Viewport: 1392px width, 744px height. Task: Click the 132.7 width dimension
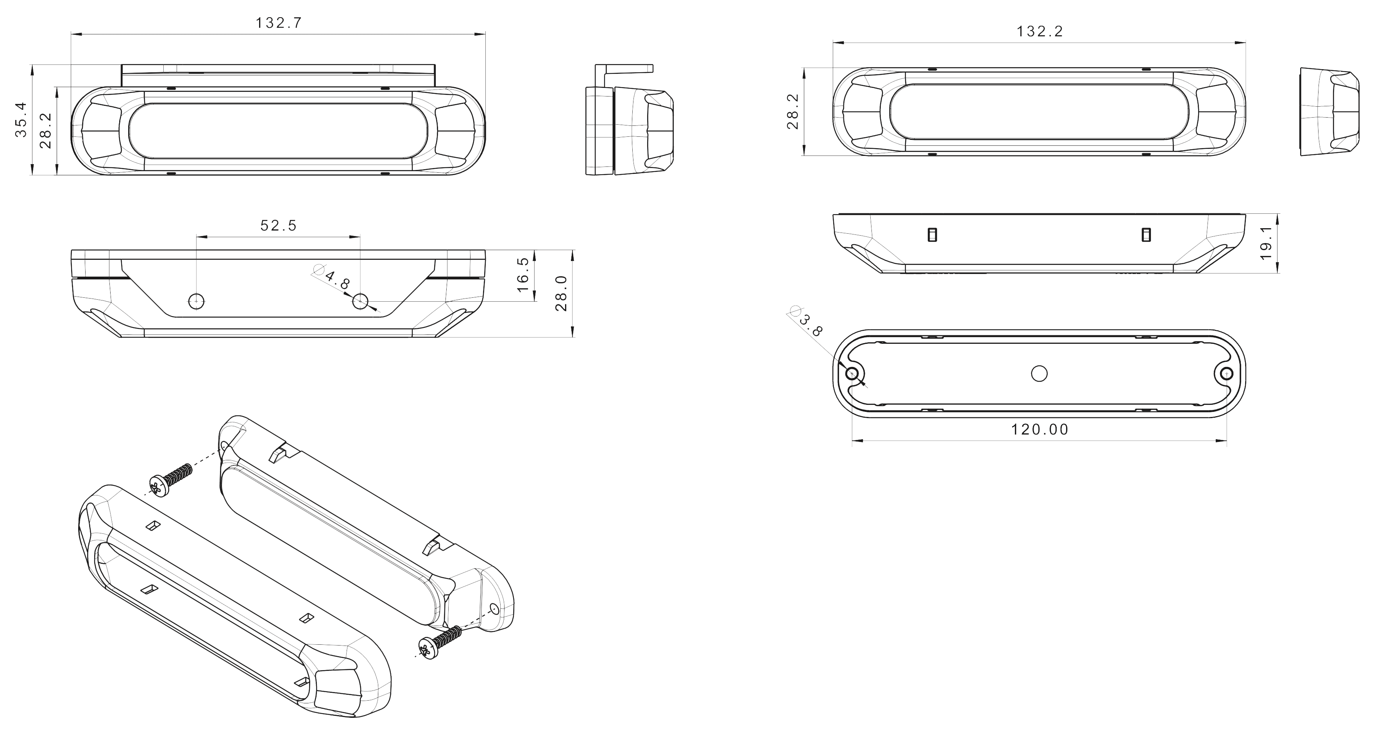278,23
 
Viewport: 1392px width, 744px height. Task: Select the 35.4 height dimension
21,120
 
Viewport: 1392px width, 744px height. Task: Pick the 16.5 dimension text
523,274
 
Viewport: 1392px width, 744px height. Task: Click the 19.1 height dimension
1266,243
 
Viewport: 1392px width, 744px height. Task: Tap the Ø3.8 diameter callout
807,322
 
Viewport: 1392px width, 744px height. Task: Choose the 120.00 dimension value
1040,429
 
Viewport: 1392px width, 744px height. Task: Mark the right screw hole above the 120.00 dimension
1227,373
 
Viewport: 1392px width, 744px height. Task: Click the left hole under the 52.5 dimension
196,301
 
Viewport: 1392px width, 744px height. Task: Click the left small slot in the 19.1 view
932,234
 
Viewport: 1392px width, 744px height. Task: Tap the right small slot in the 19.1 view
1145,234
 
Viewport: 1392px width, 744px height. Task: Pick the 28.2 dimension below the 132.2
793,111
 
